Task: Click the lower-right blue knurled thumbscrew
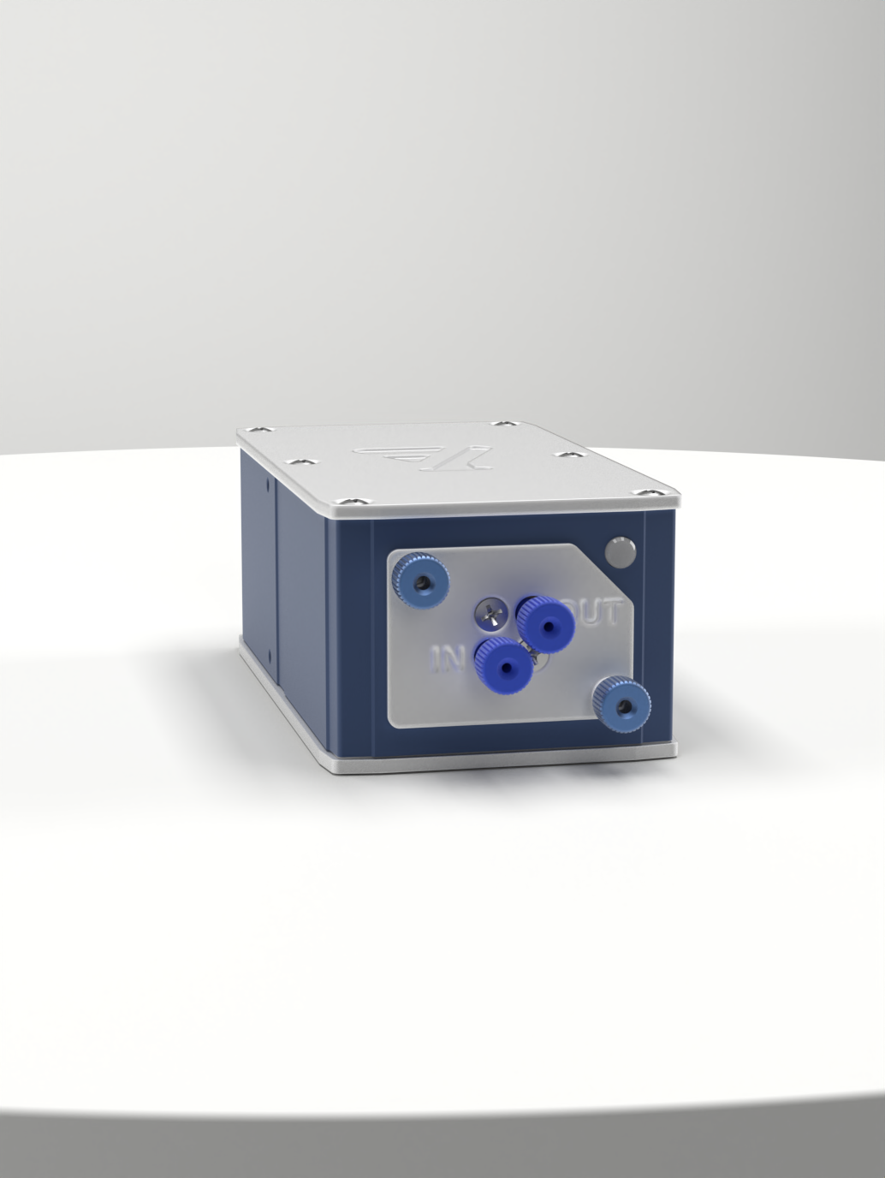click(x=623, y=703)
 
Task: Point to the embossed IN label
click(x=446, y=659)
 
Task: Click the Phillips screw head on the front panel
click(x=490, y=611)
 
